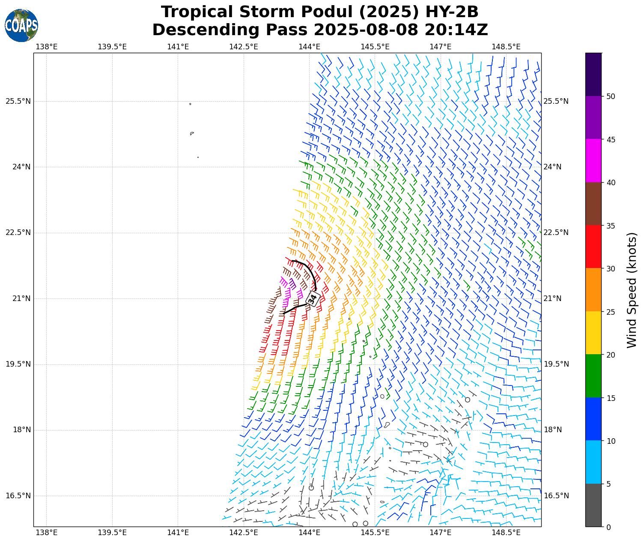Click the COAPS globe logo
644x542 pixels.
21,25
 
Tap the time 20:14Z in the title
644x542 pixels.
456,30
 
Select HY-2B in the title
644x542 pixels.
451,12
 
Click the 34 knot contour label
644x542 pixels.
313,298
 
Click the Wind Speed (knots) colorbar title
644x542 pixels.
632,290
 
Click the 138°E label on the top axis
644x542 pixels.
46,47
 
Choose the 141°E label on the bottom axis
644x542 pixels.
178,533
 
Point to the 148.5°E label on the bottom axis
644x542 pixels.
506,533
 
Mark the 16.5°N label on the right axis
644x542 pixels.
556,496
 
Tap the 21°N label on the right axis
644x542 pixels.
552,298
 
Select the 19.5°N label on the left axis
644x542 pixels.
18,364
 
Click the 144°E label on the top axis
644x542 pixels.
309,47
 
